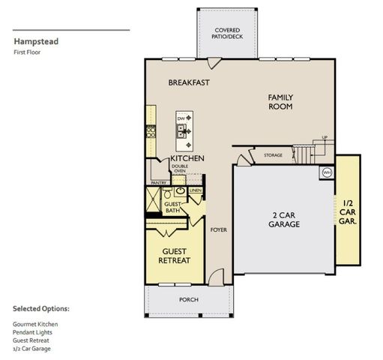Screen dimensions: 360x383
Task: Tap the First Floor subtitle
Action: coord(27,53)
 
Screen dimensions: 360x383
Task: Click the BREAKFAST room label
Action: coord(188,82)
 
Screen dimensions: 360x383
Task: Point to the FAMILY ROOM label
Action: coord(281,102)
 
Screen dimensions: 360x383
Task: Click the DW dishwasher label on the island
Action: coord(181,119)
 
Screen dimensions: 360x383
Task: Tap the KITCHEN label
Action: coord(187,159)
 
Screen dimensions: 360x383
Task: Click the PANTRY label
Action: coord(158,182)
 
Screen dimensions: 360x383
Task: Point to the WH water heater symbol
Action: coord(327,172)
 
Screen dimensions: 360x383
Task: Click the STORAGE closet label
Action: coord(273,155)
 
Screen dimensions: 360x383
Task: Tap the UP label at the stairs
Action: coord(324,137)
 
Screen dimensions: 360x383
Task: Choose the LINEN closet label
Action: coord(195,190)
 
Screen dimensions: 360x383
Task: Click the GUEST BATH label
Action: coord(173,207)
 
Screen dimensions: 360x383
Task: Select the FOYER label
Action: coord(218,229)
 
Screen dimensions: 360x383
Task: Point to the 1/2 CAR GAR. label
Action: coord(349,212)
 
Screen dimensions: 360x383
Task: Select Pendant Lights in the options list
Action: coord(31,331)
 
